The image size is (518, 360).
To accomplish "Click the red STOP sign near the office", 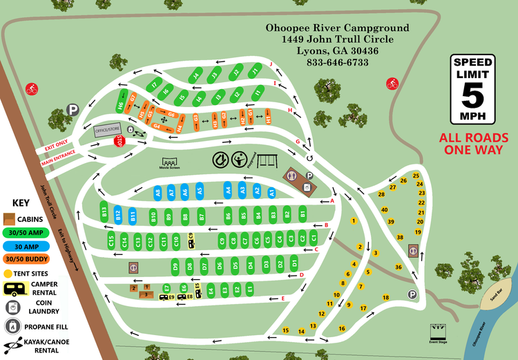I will (x=119, y=141).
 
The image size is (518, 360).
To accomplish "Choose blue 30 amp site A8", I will (x=157, y=193).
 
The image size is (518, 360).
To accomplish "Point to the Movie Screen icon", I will (x=169, y=163).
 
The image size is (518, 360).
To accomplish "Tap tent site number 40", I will (x=385, y=209).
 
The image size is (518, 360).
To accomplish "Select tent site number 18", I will (x=386, y=297).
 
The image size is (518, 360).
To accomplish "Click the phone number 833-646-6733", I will (x=337, y=63).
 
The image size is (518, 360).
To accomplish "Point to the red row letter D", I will (x=302, y=274).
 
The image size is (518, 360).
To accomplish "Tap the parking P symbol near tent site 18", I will (x=412, y=294).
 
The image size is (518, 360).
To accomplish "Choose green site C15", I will (x=111, y=241).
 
